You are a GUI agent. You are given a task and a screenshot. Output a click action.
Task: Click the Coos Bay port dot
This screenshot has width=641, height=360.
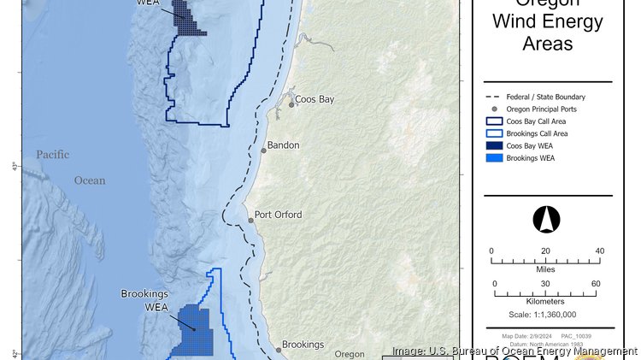click(291, 103)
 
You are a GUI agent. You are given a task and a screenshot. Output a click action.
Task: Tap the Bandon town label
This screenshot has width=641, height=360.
click(283, 145)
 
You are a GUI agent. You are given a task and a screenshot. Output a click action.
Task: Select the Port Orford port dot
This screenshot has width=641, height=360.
click(250, 220)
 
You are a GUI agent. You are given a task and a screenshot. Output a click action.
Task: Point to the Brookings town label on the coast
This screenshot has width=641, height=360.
click(303, 345)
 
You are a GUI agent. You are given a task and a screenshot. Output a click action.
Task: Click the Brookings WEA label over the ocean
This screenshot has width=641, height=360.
click(144, 300)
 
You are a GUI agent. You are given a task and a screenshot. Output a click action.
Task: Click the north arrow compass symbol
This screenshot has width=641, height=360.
click(545, 220)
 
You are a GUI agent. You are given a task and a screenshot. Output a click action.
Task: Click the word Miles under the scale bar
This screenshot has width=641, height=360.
click(544, 269)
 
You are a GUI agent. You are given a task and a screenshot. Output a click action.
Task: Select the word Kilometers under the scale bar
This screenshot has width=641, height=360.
click(544, 301)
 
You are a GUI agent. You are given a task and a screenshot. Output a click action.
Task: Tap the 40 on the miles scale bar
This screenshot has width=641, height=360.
click(599, 251)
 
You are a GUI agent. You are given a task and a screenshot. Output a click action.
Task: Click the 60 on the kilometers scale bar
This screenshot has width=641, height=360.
click(596, 284)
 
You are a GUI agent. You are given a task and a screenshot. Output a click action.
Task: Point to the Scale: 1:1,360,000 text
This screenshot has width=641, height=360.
click(544, 314)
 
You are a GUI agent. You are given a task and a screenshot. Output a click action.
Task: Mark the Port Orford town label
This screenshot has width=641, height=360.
click(279, 215)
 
